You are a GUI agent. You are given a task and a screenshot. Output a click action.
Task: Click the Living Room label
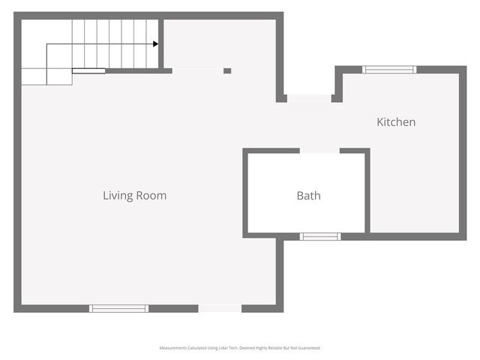134,196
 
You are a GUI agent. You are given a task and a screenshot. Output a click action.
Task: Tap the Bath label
308,196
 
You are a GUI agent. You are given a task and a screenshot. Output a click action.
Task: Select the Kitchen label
395,122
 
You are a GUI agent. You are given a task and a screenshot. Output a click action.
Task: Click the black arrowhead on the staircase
155,44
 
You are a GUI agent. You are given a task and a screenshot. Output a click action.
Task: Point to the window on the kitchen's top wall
389,70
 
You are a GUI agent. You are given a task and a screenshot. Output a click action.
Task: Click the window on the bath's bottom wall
320,236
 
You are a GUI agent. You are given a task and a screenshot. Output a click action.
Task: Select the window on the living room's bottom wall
118,308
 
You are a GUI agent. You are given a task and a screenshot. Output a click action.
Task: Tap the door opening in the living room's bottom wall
220,308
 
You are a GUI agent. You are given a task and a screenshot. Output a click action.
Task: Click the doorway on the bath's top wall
319,151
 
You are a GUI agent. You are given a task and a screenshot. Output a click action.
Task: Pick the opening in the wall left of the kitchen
309,98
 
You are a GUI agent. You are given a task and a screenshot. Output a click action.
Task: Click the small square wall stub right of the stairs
227,71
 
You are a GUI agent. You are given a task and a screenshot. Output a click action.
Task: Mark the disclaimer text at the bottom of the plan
239,348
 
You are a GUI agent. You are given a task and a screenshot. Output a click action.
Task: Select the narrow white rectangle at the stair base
88,71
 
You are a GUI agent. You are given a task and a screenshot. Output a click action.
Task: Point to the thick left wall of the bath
245,193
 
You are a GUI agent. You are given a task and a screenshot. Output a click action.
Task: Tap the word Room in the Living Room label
151,196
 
